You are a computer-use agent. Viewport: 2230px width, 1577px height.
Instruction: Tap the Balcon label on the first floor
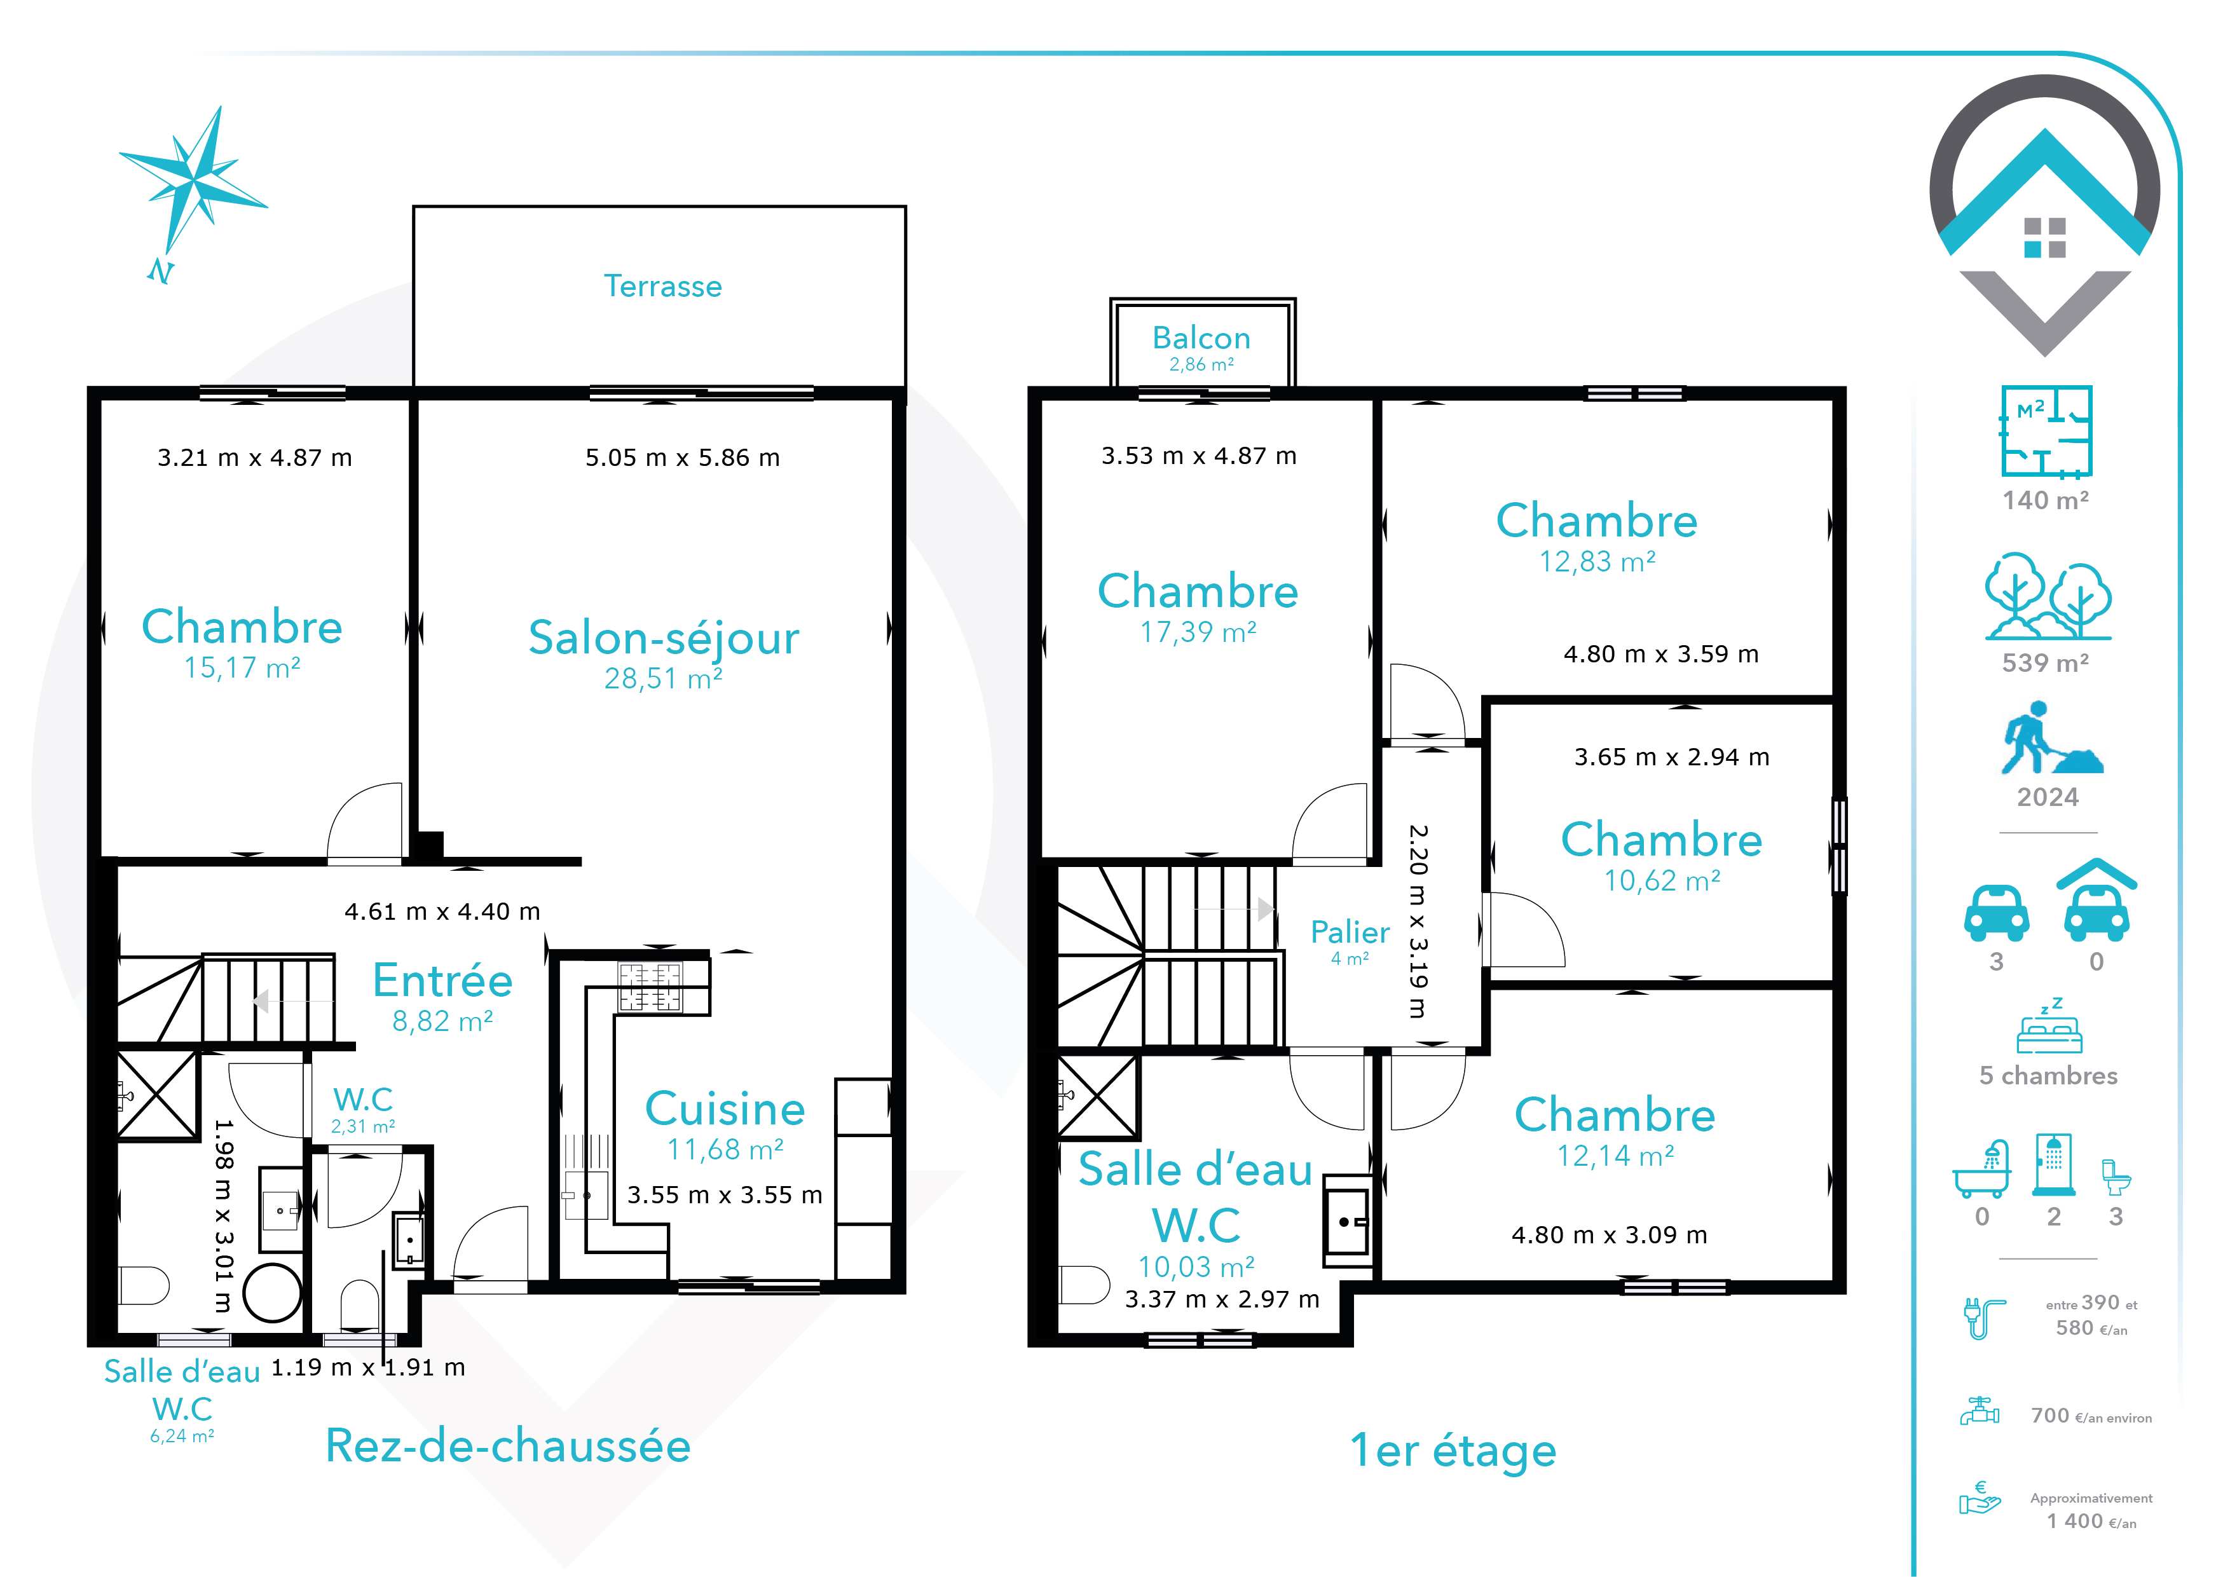[x=1201, y=338]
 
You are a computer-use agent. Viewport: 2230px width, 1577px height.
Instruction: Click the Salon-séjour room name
[x=664, y=638]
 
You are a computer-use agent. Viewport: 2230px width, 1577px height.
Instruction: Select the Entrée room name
[x=443, y=980]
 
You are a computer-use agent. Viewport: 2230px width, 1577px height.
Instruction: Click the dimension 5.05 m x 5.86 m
[x=682, y=458]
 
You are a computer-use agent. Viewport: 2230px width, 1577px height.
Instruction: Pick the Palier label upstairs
[x=1350, y=932]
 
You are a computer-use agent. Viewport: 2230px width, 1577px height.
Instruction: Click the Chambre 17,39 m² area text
[x=1198, y=632]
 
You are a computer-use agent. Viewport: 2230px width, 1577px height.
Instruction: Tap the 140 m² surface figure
[x=2046, y=500]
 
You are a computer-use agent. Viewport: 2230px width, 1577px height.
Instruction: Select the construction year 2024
[x=2048, y=797]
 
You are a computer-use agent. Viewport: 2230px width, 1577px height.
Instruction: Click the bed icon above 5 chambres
[x=2049, y=1027]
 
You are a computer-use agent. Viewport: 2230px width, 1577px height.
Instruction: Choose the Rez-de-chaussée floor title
[x=508, y=1446]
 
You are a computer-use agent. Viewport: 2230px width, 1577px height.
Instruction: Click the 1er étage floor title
[x=1453, y=1451]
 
